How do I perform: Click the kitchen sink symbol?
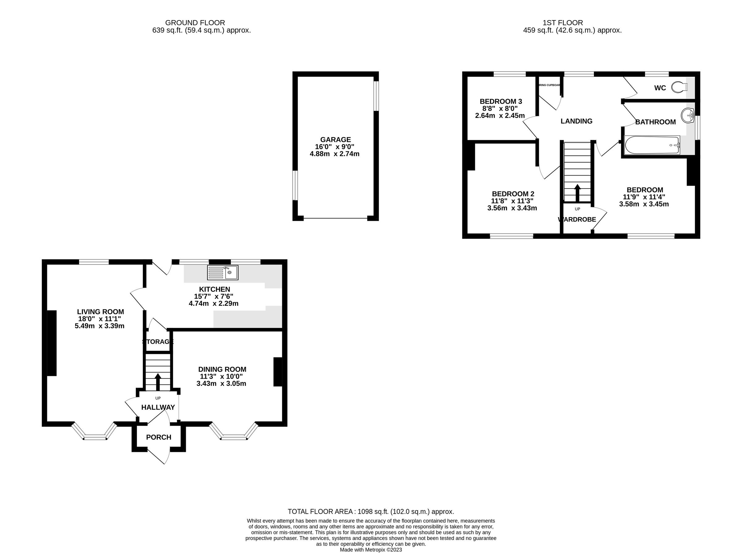223,273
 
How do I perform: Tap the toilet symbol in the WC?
679,87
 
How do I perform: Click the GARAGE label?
335,140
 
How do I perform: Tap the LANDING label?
576,121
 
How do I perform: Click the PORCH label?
158,437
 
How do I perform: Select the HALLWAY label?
158,407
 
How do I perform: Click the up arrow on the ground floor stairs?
158,382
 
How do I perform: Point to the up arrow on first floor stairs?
577,193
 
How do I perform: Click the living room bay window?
95,434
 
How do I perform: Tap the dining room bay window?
234,434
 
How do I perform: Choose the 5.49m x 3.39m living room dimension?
100,326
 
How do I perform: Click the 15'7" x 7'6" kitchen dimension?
213,296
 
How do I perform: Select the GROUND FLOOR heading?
195,23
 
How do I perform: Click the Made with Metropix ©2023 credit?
371,550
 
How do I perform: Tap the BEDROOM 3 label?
501,101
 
